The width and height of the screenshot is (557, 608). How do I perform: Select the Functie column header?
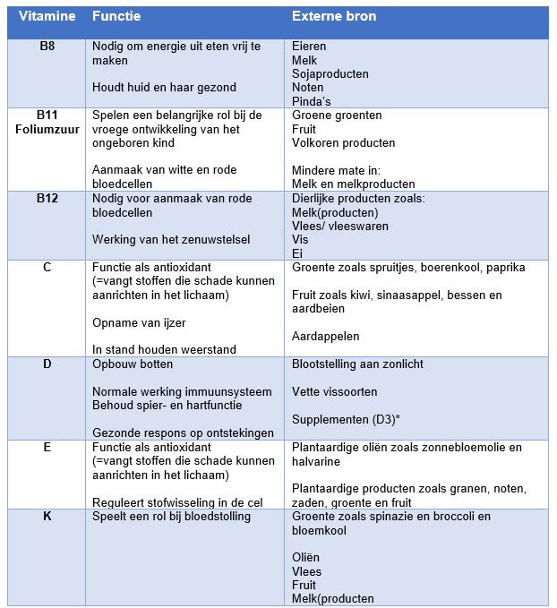(x=116, y=17)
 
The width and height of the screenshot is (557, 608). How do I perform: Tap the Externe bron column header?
(x=334, y=17)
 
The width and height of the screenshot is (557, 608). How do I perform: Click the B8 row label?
(x=47, y=46)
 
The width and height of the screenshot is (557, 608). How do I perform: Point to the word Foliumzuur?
(x=47, y=129)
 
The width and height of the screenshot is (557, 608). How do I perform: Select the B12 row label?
(x=47, y=199)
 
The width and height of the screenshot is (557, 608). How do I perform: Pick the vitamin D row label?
(x=47, y=364)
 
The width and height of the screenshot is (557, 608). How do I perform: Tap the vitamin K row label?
(x=47, y=517)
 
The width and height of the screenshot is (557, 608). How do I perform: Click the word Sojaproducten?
(x=330, y=74)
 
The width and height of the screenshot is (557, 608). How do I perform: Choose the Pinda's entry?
(x=312, y=102)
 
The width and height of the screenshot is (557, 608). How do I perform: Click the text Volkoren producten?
(x=344, y=143)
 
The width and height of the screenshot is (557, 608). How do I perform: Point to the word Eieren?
(x=310, y=46)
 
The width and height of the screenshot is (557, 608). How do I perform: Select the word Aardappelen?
(x=326, y=337)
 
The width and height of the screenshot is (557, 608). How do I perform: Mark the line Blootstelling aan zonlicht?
(x=358, y=364)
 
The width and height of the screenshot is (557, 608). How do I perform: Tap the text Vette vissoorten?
(x=335, y=392)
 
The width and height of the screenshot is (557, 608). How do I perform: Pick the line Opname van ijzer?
(x=140, y=322)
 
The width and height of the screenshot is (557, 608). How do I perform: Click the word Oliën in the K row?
(x=307, y=558)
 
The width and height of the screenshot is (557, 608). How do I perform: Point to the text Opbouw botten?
(x=133, y=364)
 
